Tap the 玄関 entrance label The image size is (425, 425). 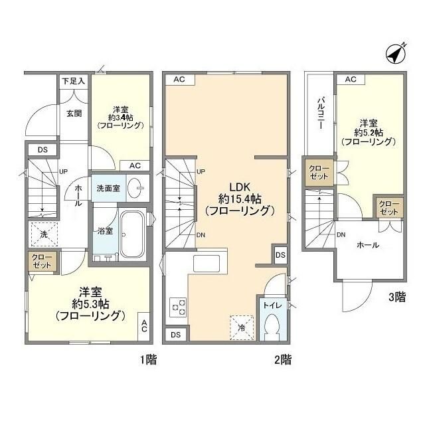point(73,113)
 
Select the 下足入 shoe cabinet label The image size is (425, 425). point(74,81)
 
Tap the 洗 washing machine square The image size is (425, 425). point(41,234)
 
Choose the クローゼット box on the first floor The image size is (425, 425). point(41,260)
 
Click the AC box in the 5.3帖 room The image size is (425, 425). point(144,326)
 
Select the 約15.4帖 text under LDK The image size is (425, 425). point(239,198)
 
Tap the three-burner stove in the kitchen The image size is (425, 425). point(179,306)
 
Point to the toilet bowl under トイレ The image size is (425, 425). point(272,327)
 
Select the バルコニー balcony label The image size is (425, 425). point(320,114)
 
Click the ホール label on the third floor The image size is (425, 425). point(368,245)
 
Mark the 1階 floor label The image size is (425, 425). point(147,360)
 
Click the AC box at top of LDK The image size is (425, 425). point(179,80)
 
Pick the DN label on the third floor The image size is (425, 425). point(341,235)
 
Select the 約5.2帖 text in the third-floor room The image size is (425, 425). point(369,132)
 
